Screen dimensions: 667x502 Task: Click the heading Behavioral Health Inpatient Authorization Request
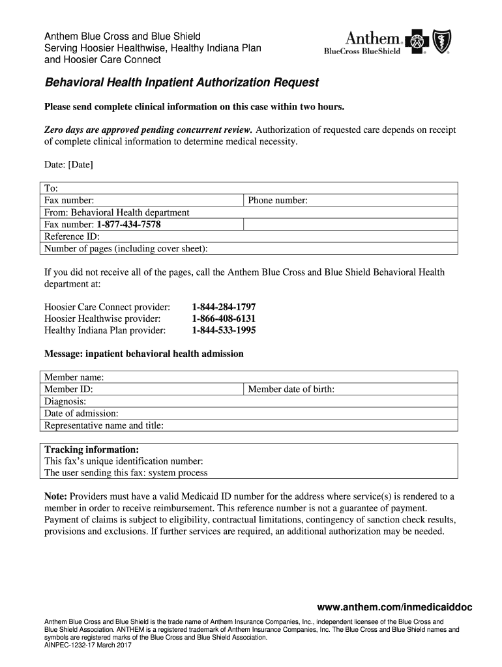coord(181,83)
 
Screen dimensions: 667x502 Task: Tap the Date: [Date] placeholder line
coord(68,165)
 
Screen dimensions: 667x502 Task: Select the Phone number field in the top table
coord(351,201)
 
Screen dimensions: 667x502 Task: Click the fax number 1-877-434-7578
coord(128,225)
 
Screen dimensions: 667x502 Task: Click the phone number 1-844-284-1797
coord(224,307)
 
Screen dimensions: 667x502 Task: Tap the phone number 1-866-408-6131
coord(224,319)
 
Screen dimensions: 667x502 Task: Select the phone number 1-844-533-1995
coord(224,330)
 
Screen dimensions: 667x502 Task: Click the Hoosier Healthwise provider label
coord(102,319)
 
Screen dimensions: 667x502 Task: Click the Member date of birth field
coord(351,389)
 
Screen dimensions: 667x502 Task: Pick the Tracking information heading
coord(91,449)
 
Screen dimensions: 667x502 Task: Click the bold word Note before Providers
coord(55,496)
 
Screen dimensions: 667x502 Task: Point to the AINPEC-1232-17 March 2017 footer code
coord(88,646)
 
